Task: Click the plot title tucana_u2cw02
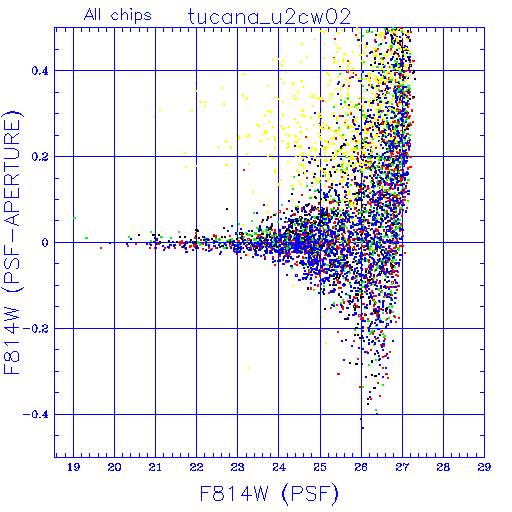[x=269, y=17]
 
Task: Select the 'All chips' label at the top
[x=118, y=15]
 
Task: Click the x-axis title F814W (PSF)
[x=269, y=494]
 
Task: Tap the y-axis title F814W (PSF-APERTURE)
[x=12, y=242]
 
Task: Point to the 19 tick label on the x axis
[x=74, y=467]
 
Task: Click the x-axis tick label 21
[x=155, y=467]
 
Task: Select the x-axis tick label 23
[x=238, y=467]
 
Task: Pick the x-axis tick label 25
[x=320, y=467]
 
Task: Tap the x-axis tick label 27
[x=402, y=467]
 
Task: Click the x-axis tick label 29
[x=484, y=467]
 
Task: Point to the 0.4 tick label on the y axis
[x=40, y=71]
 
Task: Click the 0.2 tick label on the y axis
[x=40, y=157]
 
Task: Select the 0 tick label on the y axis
[x=45, y=243]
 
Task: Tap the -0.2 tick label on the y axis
[x=36, y=329]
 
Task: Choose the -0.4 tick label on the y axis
[x=36, y=415]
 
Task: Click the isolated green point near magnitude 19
[x=75, y=218]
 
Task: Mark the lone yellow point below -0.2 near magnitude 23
[x=249, y=368]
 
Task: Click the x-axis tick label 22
[x=196, y=467]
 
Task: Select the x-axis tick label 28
[x=443, y=467]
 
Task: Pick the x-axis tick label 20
[x=114, y=467]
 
